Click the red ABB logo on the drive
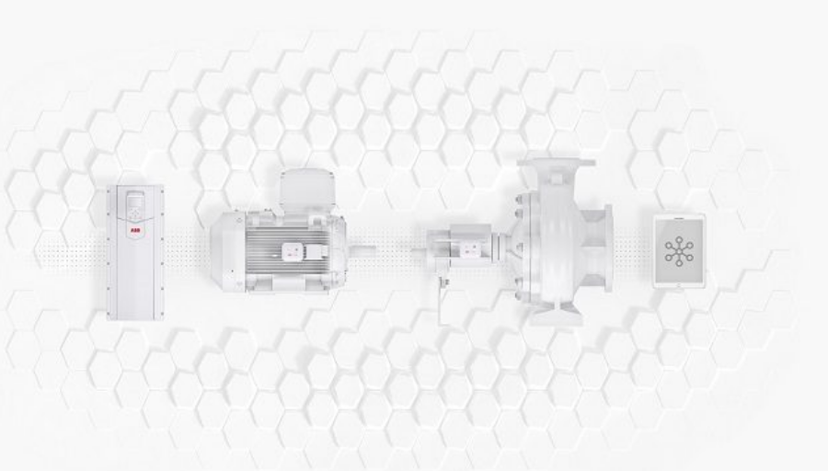pos(136,231)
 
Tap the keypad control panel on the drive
pos(135,205)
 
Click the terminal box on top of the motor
pos(307,189)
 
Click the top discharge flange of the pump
pos(556,163)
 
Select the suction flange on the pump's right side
pos(608,248)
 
